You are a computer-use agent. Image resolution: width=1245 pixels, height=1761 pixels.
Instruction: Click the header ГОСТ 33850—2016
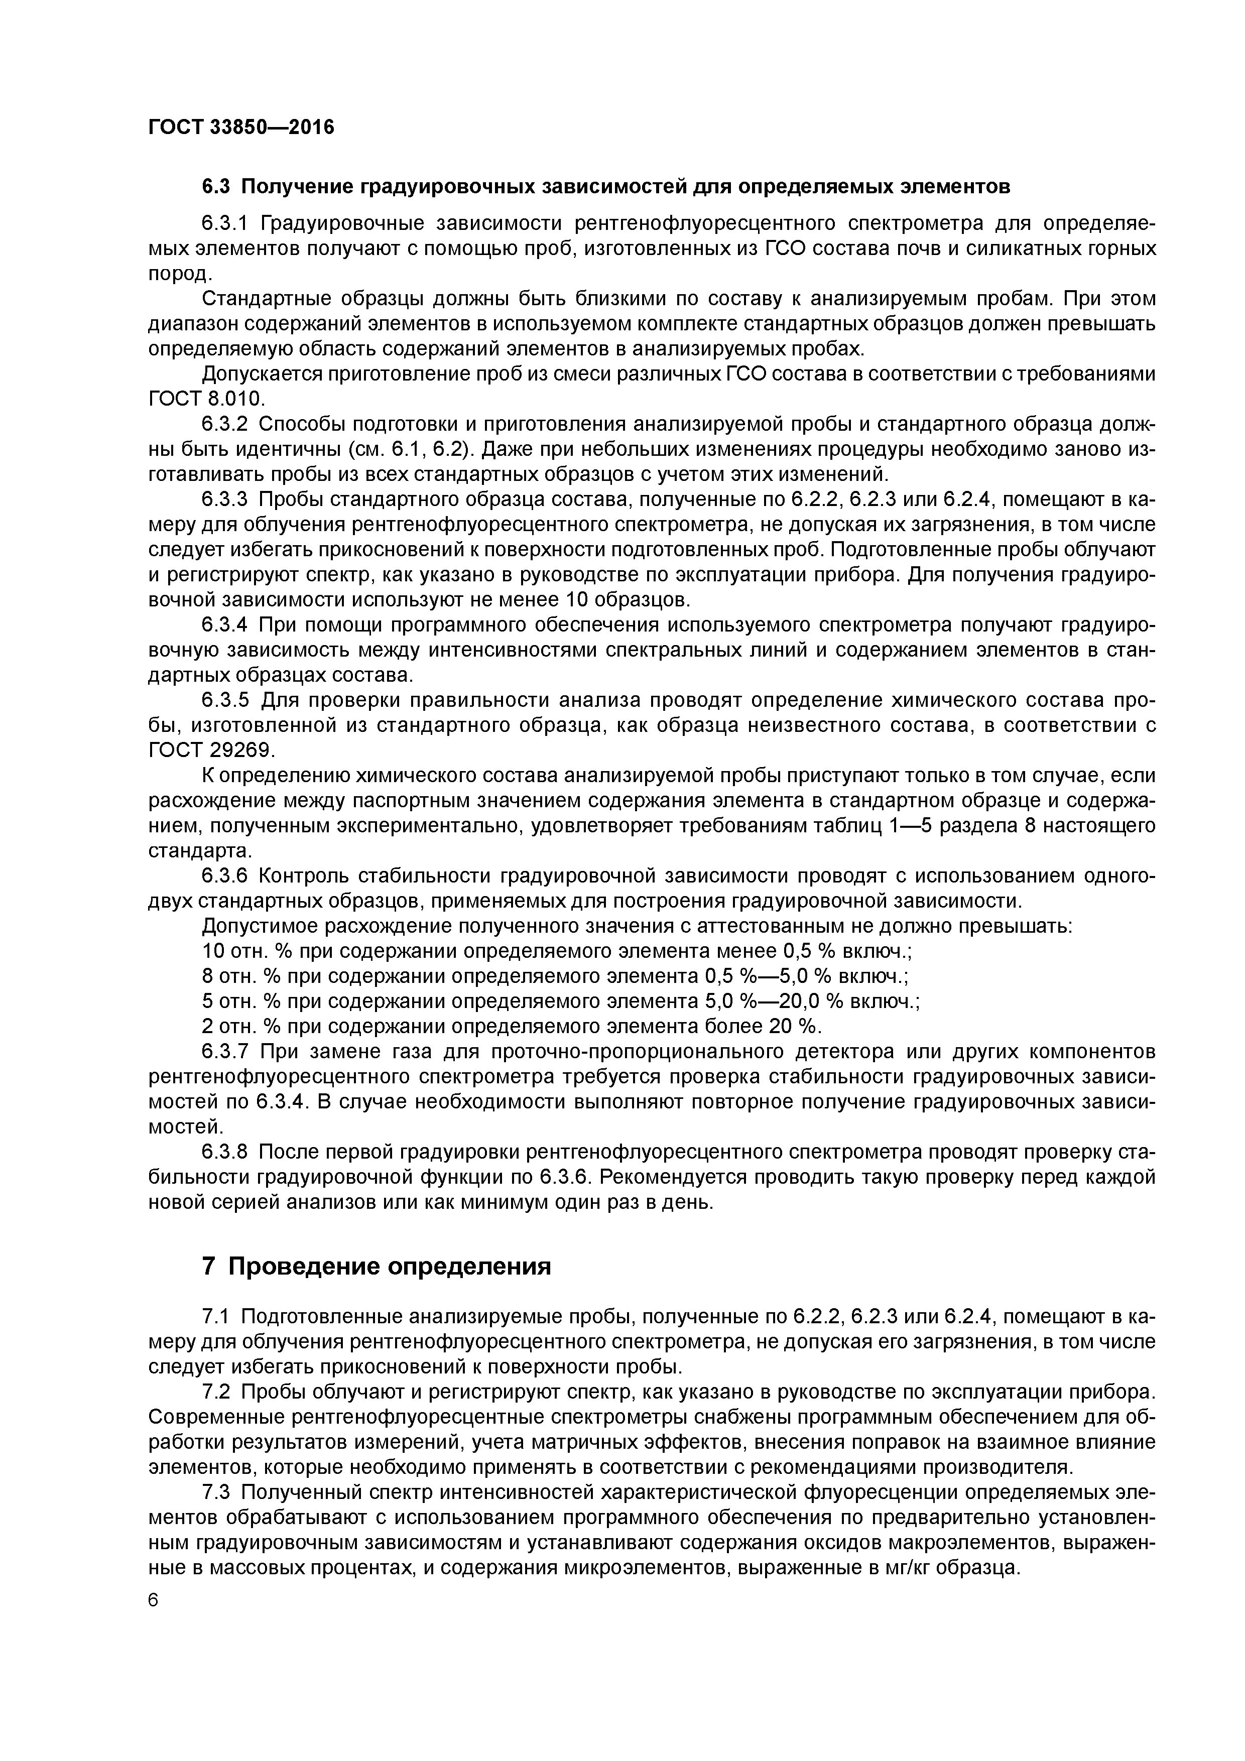(x=241, y=127)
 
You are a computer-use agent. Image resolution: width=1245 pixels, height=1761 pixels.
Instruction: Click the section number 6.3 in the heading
(x=216, y=186)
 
